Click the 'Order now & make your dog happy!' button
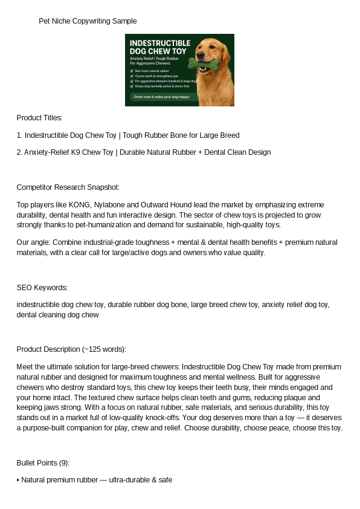point(161,97)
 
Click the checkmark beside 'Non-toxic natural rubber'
point(132,71)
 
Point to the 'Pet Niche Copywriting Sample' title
point(88,21)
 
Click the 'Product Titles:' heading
point(39,117)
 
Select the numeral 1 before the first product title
point(19,135)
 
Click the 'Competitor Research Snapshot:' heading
point(68,187)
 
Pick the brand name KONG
point(66,204)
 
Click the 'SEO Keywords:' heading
point(42,287)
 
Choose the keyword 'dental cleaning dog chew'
point(57,314)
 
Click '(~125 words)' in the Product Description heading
point(104,349)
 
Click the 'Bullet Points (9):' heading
point(43,462)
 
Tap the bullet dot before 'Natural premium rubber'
point(18,480)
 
